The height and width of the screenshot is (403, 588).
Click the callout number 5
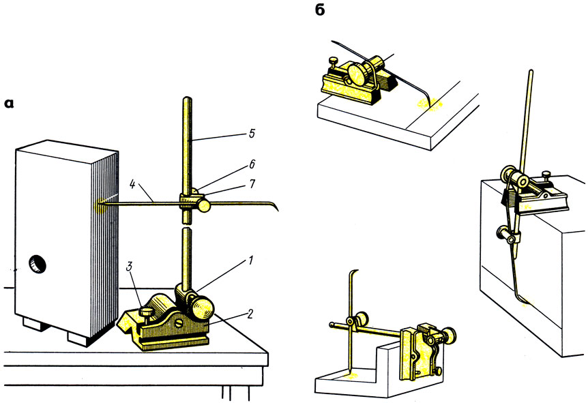point(252,134)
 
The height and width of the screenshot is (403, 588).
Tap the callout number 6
point(252,164)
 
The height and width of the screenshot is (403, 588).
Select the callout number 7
point(252,183)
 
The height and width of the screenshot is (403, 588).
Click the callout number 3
point(129,267)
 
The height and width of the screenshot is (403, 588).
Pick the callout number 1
point(251,260)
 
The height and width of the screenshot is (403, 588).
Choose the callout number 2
point(250,314)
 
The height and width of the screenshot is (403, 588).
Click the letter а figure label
point(9,104)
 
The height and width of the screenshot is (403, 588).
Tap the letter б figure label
point(319,10)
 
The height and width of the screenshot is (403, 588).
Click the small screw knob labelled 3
point(146,312)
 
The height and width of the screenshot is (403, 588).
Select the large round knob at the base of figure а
point(203,308)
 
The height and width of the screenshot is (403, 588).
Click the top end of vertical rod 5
point(187,99)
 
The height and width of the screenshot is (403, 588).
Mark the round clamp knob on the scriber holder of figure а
point(204,206)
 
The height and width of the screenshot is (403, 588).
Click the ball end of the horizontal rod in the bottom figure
point(332,325)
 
